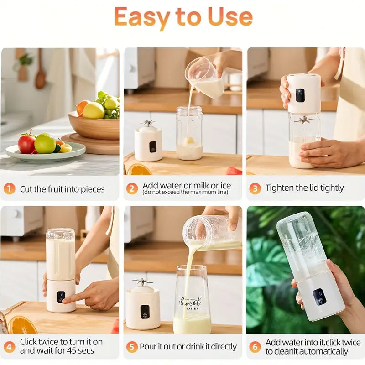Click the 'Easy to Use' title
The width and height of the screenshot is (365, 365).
click(x=183, y=17)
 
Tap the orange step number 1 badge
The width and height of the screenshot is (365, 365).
click(x=9, y=189)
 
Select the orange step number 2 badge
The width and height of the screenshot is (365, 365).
click(x=132, y=188)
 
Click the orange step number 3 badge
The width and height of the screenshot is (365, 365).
click(x=255, y=188)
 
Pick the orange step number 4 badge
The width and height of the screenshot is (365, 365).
click(x=9, y=347)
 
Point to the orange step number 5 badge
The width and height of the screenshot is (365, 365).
click(x=132, y=347)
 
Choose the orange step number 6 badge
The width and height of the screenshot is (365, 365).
click(x=255, y=347)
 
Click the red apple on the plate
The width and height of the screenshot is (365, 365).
click(x=26, y=143)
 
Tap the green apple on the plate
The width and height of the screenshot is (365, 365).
click(x=45, y=143)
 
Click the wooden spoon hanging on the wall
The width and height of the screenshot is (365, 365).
click(x=40, y=73)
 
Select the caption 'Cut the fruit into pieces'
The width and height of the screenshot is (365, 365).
click(x=63, y=189)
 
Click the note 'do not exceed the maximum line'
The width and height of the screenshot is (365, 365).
click(x=185, y=193)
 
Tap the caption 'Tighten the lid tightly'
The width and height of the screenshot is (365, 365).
click(x=305, y=188)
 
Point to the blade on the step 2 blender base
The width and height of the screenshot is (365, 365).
click(x=148, y=123)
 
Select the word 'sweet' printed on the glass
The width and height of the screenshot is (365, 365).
click(x=190, y=302)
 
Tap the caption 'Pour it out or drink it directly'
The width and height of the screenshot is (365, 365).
click(x=188, y=347)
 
